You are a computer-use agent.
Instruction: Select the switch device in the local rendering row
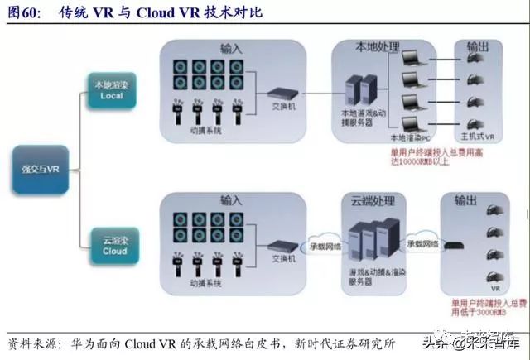coord(279,95)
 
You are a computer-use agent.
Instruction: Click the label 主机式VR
coord(479,137)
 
